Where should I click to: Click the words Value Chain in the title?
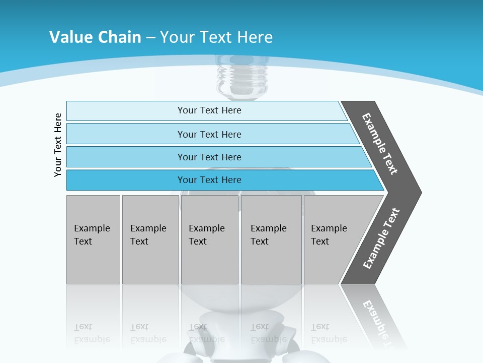[x=95, y=37]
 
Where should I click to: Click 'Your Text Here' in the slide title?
[x=216, y=37]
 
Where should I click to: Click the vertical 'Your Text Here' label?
[x=58, y=145]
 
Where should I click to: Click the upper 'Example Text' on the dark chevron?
[x=380, y=144]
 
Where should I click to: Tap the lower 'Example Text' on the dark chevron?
[x=381, y=238]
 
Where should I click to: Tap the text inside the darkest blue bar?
[x=209, y=180]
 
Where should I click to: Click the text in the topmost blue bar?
[x=209, y=110]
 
